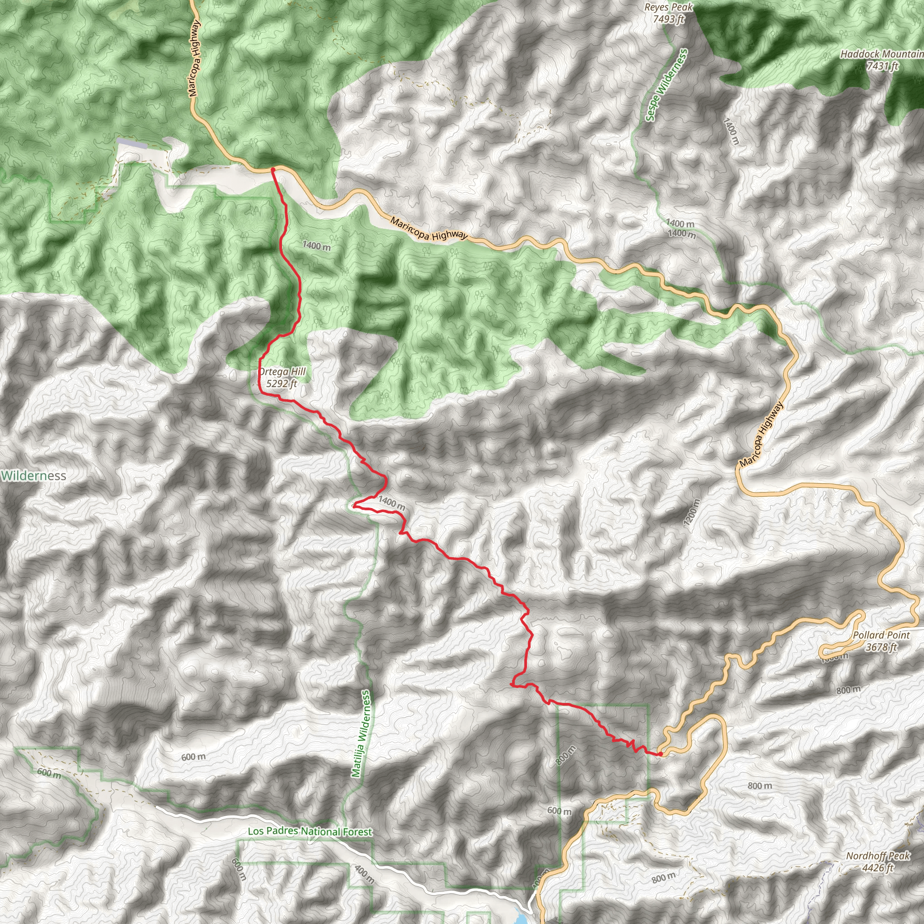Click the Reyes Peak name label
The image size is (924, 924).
668,7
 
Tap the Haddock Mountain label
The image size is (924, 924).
882,54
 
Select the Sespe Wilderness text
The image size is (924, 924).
666,85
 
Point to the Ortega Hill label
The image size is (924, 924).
282,372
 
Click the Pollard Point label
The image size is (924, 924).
881,635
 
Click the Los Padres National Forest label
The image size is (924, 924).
310,832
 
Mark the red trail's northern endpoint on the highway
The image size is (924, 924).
273,169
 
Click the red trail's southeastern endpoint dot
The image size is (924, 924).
661,754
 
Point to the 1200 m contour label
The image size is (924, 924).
692,513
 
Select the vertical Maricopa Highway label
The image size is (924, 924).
194,58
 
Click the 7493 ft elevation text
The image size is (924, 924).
669,19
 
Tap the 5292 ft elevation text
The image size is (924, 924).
281,383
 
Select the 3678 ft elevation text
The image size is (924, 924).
881,647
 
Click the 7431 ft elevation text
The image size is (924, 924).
883,66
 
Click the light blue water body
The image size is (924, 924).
521,918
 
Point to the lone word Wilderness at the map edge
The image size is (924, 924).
33,476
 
